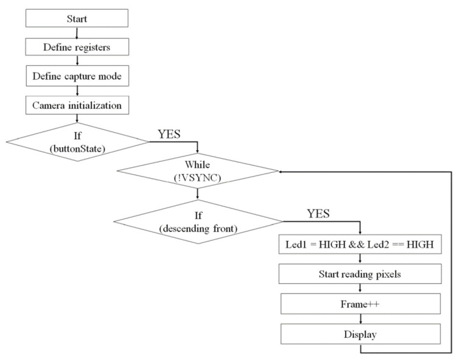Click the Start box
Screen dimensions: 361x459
77,18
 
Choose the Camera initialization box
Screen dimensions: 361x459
77,105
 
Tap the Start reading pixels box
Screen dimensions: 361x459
360,274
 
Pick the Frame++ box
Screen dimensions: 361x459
360,303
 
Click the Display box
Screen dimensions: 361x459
360,333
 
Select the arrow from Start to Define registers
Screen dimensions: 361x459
77,32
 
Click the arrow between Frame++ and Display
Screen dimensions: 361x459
360,318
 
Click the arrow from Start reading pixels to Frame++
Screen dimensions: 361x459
360,289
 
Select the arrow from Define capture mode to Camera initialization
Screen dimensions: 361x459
77,91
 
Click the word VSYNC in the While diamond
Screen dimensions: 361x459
202,178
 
